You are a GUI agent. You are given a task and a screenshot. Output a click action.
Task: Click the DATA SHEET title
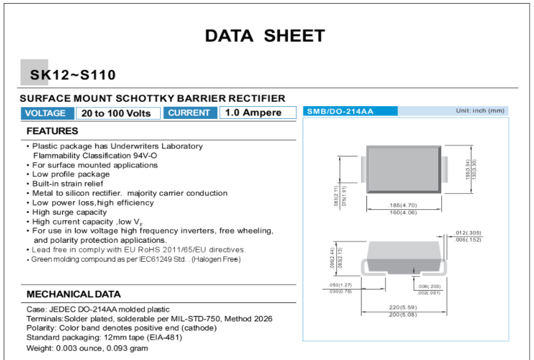tap(265, 36)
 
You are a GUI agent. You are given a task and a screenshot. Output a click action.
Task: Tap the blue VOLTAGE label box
tap(45, 113)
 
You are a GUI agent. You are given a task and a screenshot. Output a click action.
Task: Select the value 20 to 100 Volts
tap(116, 113)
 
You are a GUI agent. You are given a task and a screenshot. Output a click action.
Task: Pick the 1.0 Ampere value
tap(253, 113)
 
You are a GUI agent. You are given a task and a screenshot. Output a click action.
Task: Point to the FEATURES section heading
tap(52, 131)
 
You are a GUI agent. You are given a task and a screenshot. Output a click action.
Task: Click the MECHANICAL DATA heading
tap(74, 294)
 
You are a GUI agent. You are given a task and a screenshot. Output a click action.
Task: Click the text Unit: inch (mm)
tap(479, 110)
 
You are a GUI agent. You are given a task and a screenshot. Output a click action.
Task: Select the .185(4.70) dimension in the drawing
tap(403, 205)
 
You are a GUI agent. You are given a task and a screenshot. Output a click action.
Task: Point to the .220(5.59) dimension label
tap(403, 307)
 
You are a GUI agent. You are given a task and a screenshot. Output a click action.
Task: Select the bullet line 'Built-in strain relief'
tap(68, 183)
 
